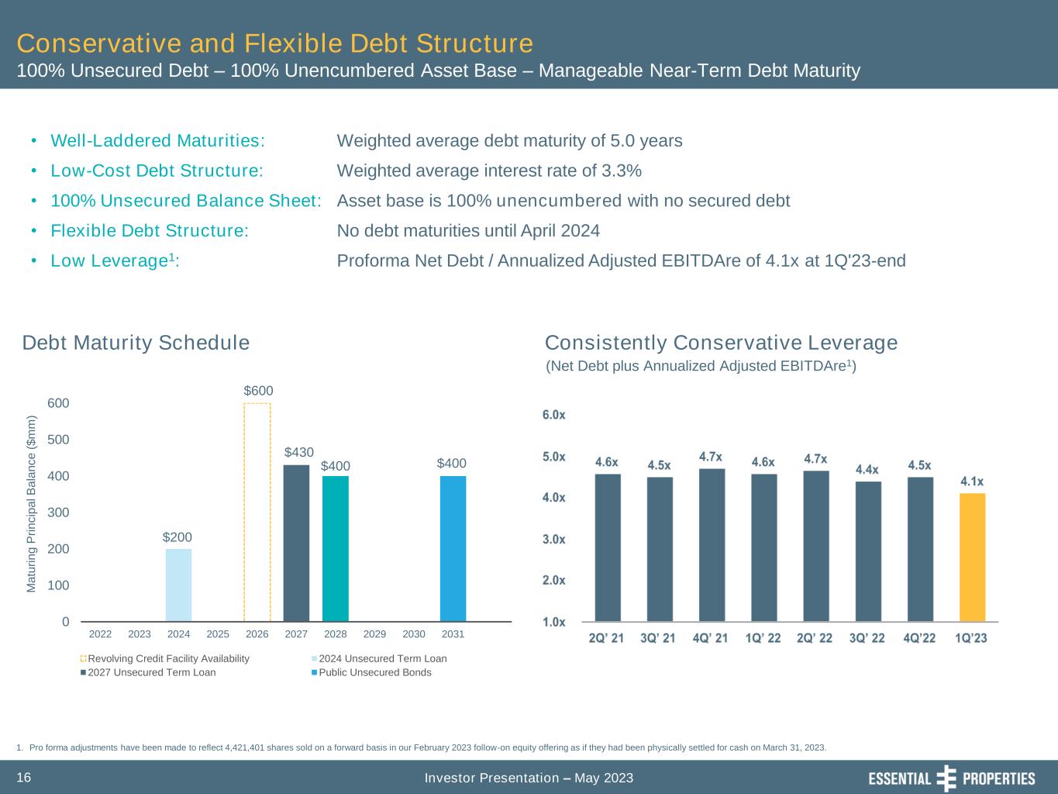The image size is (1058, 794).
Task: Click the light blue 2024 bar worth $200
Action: point(178,585)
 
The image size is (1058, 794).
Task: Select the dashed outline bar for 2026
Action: point(257,512)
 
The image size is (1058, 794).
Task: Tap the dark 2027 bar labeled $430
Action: point(296,543)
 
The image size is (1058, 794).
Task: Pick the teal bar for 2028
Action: point(336,548)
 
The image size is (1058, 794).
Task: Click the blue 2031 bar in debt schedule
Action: point(453,548)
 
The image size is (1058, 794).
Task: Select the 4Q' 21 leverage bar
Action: point(712,544)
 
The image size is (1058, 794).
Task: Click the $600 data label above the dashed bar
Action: point(258,391)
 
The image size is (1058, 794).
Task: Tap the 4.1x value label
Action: point(973,482)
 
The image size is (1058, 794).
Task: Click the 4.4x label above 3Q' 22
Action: point(867,469)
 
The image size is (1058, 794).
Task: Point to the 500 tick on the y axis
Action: point(60,440)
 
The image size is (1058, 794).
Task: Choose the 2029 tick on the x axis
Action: point(374,634)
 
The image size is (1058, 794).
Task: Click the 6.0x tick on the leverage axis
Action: point(553,415)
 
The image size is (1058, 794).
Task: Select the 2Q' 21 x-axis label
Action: point(606,638)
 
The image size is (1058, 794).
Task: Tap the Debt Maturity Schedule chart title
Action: point(136,343)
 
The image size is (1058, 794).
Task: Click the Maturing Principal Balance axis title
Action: point(32,504)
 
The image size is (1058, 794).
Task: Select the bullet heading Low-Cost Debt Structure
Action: point(157,171)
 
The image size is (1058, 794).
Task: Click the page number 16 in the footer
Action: point(24,777)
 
